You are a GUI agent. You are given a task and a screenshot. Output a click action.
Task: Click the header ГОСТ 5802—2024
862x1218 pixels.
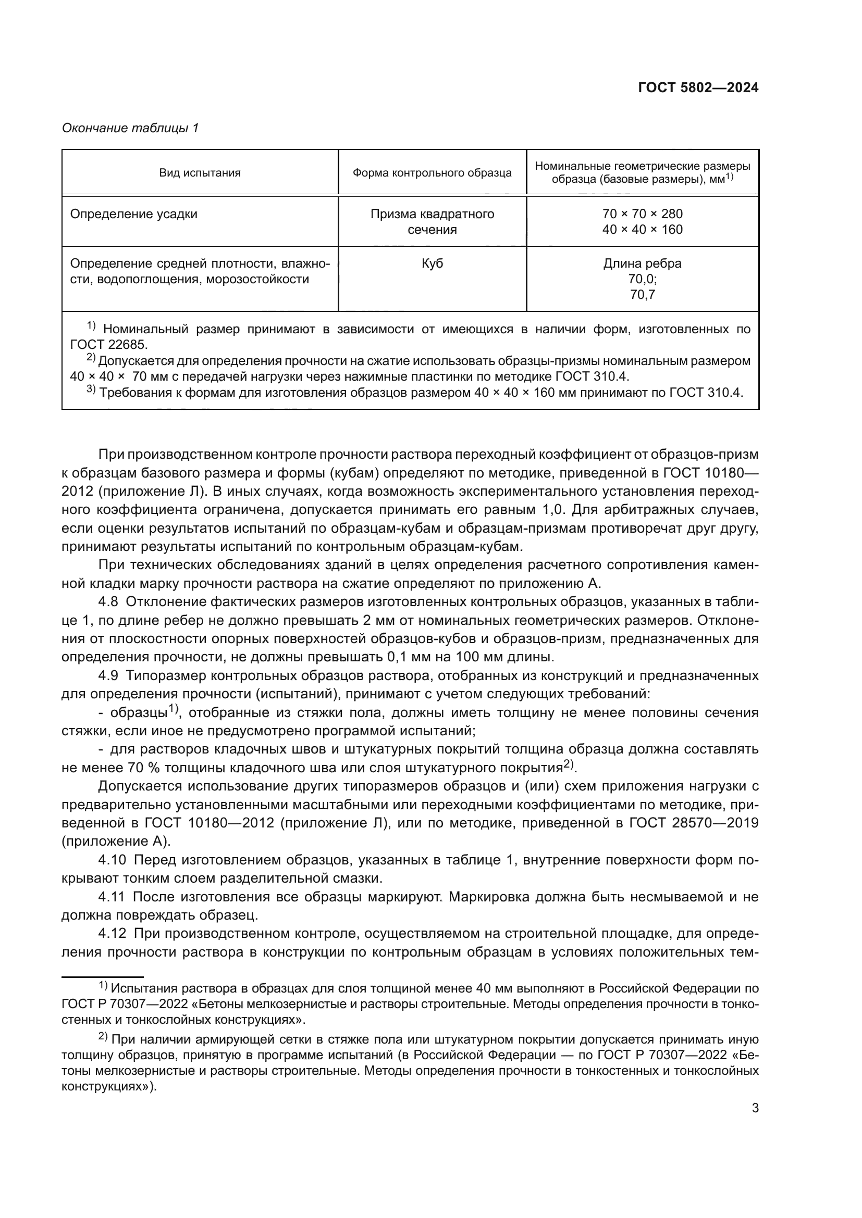tap(698, 88)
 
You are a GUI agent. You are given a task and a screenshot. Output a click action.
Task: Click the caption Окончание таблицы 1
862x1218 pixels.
tap(130, 128)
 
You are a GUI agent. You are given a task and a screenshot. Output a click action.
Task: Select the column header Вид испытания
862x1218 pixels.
tap(200, 173)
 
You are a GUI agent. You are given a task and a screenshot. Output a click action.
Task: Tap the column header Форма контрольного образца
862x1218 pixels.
tap(432, 173)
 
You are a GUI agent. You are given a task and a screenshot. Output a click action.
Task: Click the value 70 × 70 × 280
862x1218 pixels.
tap(642, 215)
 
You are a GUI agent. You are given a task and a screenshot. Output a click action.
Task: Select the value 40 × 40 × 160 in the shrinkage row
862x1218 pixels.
tap(642, 230)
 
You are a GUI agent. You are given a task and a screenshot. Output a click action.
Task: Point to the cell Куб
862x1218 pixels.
tap(432, 263)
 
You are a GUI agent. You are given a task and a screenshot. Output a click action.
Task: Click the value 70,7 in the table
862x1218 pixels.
tap(642, 294)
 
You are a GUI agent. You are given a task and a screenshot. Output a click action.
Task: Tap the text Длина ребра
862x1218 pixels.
tap(642, 263)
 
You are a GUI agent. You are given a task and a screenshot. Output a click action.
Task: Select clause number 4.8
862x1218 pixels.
tap(111, 601)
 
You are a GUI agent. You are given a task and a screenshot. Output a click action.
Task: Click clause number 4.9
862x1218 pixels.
tap(111, 675)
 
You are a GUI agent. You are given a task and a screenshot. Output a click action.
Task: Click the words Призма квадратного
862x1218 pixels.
tap(432, 215)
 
